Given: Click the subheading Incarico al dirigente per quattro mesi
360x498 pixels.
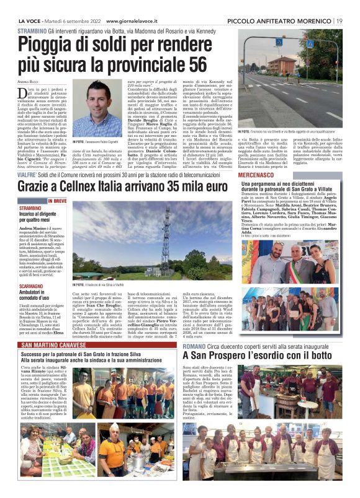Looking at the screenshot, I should point(42,216).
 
